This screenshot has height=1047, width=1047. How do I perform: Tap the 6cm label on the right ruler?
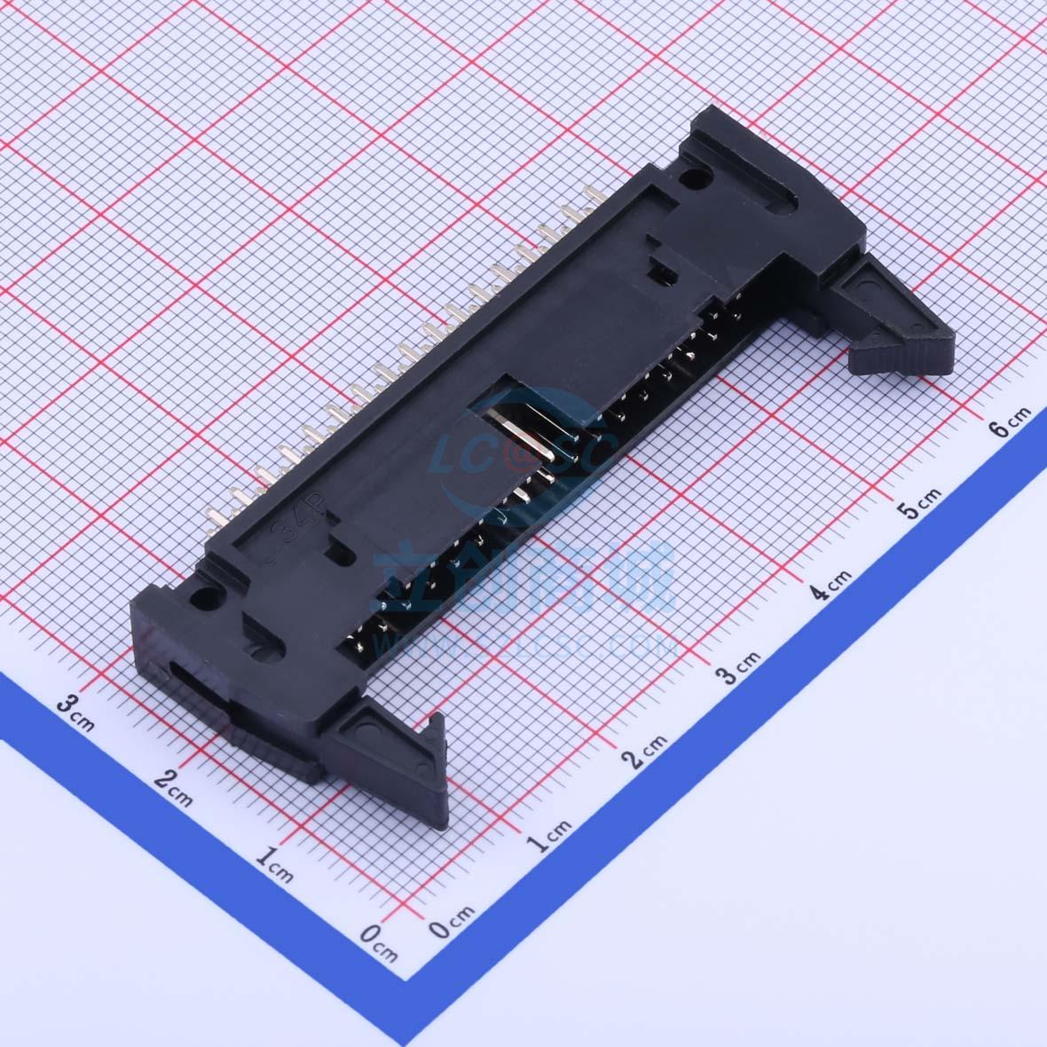1010,421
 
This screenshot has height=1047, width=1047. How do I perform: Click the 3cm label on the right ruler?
739,667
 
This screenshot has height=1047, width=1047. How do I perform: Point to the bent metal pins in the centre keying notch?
528,444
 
